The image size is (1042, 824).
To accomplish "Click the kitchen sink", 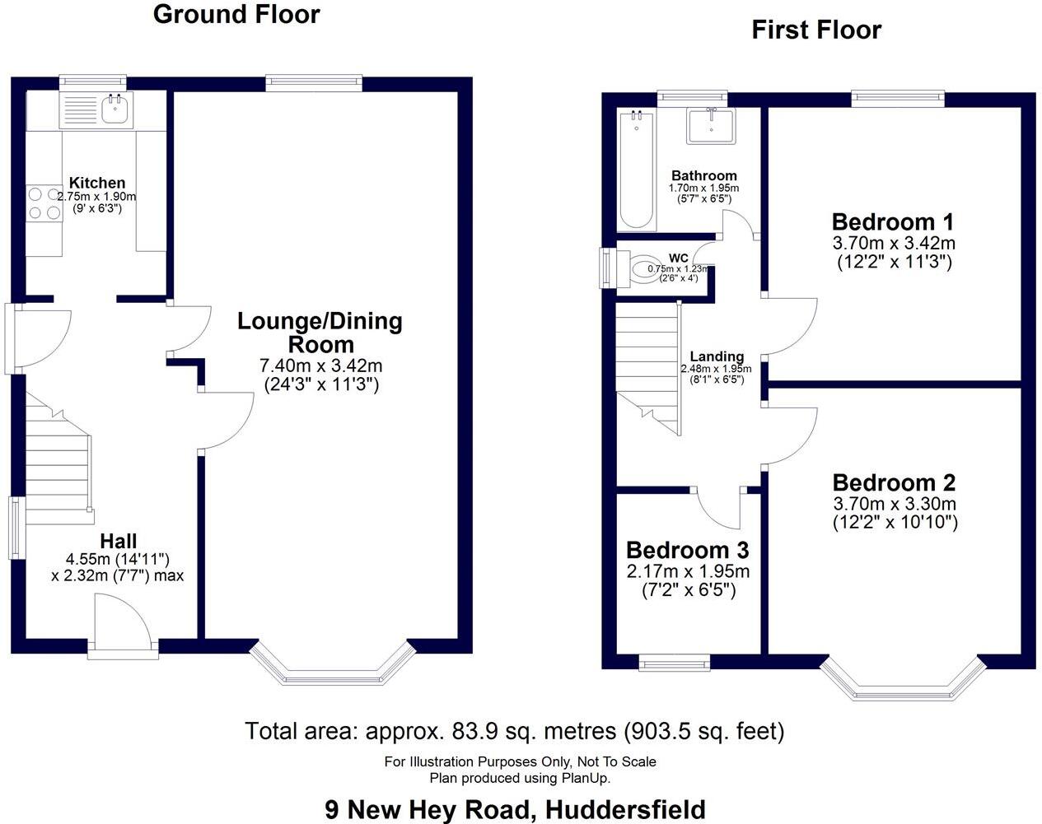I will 114,109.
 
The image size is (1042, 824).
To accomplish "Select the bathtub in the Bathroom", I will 636,170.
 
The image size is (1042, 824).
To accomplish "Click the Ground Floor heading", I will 236,14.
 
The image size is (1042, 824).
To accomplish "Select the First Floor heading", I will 815,30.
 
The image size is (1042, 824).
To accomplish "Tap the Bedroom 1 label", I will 892,222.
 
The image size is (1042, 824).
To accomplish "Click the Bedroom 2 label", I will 894,482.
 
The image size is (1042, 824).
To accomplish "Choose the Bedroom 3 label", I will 687,550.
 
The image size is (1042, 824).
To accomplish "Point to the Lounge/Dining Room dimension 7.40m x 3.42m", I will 320,365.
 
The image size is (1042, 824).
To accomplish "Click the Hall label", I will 118,541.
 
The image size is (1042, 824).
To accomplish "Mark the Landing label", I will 717,356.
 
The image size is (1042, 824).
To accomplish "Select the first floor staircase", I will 648,362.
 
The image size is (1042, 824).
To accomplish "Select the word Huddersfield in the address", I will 626,809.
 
